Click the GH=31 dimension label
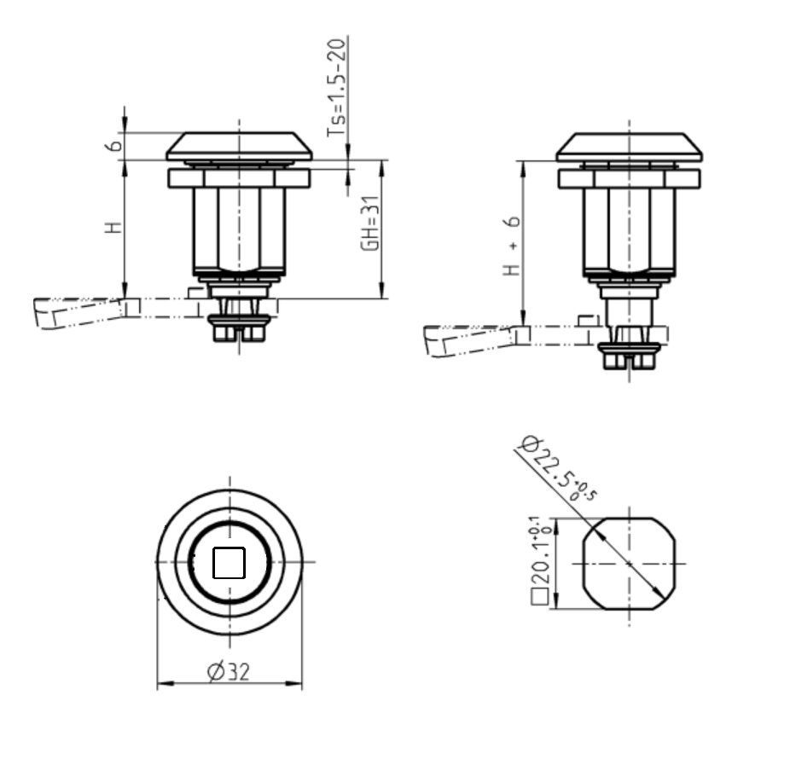[x=369, y=223]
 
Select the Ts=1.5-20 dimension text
[x=339, y=87]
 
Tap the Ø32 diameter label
[x=229, y=672]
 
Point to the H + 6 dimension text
[x=511, y=246]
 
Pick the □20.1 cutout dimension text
[x=540, y=560]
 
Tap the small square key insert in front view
[x=229, y=563]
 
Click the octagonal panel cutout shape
[x=629, y=564]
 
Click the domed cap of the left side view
[x=240, y=146]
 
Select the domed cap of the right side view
[x=629, y=147]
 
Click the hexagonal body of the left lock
[x=240, y=229]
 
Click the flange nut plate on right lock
[x=629, y=179]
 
